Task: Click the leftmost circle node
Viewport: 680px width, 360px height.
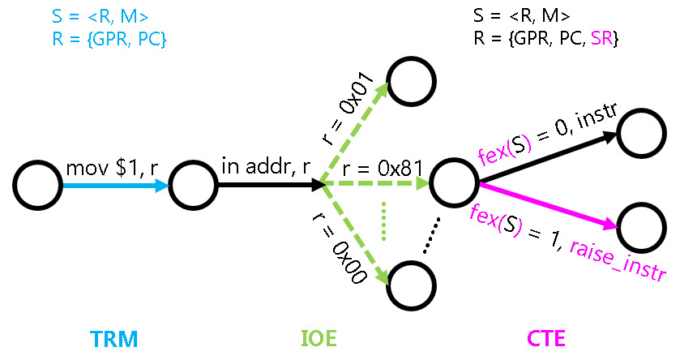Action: [38, 186]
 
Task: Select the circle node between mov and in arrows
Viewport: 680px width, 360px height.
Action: [193, 186]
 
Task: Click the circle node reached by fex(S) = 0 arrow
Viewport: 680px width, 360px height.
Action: [642, 132]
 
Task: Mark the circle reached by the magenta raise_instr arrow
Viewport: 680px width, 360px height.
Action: [642, 226]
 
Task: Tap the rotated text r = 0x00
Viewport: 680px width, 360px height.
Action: [339, 248]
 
